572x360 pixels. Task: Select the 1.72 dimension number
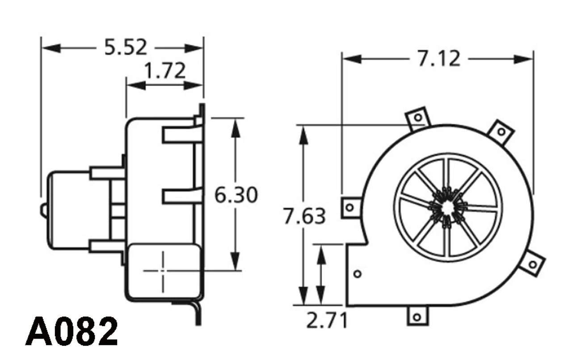point(165,71)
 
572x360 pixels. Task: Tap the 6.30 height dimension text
point(236,195)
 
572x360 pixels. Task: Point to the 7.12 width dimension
point(439,59)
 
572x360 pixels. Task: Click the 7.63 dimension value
point(305,217)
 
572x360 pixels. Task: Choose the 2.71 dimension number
point(327,320)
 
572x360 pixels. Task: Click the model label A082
point(71,332)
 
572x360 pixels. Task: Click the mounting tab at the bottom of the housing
point(417,316)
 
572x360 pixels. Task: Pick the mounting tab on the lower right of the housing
point(532,264)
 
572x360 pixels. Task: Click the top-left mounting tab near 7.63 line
point(418,117)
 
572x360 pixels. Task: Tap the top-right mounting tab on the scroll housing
point(501,132)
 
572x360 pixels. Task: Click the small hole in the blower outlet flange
point(357,274)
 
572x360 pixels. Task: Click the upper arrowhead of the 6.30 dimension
point(236,128)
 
